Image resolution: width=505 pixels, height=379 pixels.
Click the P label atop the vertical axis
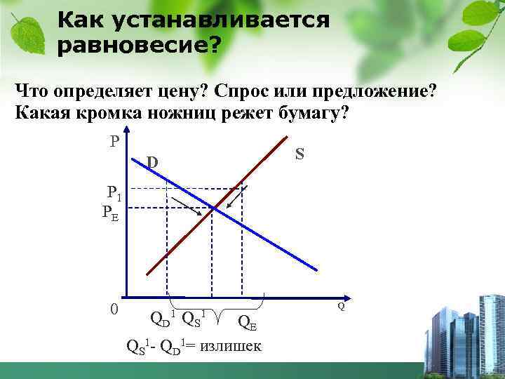pyautogui.click(x=114, y=141)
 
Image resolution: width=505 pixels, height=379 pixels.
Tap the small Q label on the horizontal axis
pyautogui.click(x=341, y=307)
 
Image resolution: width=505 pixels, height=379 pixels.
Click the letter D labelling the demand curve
pyautogui.click(x=152, y=164)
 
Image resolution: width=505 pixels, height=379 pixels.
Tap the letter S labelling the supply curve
pyautogui.click(x=299, y=153)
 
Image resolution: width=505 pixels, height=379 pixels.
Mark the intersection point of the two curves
pyautogui.click(x=213, y=208)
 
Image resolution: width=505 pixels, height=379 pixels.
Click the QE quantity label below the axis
pyautogui.click(x=247, y=322)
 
